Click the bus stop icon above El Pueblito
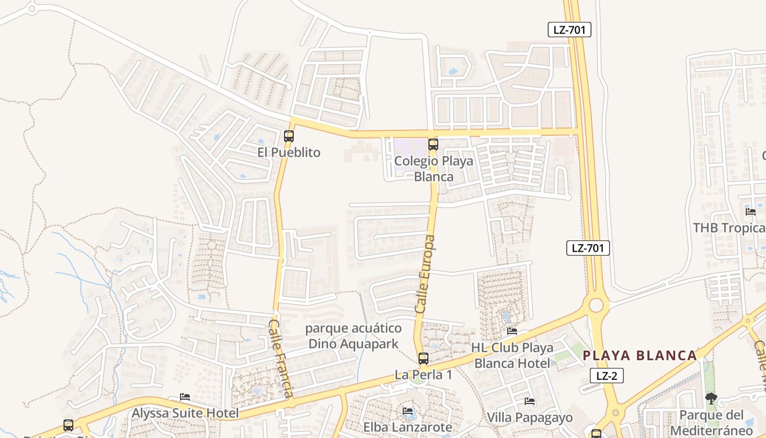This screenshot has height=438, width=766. (289, 136)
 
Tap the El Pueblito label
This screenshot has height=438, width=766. (289, 152)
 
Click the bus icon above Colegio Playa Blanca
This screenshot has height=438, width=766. (433, 145)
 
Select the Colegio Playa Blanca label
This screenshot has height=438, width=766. (433, 169)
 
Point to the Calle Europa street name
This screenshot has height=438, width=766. (426, 274)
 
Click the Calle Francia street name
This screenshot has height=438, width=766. (281, 359)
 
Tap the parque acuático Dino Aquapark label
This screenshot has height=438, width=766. (353, 336)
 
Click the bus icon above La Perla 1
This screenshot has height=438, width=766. (423, 359)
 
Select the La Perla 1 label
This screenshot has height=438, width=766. (424, 375)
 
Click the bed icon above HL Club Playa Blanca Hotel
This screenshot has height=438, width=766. (512, 331)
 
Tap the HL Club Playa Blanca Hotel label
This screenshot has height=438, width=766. (512, 355)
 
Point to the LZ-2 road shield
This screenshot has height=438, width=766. (607, 376)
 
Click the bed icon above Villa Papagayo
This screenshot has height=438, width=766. (530, 401)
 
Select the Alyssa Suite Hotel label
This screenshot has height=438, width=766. (185, 413)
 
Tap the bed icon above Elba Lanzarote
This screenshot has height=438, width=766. (408, 411)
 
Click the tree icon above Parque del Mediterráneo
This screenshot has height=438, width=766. (711, 399)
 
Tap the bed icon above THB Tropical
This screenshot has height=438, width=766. (751, 212)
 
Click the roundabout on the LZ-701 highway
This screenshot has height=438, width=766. (596, 305)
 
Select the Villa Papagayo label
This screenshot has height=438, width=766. (530, 418)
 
